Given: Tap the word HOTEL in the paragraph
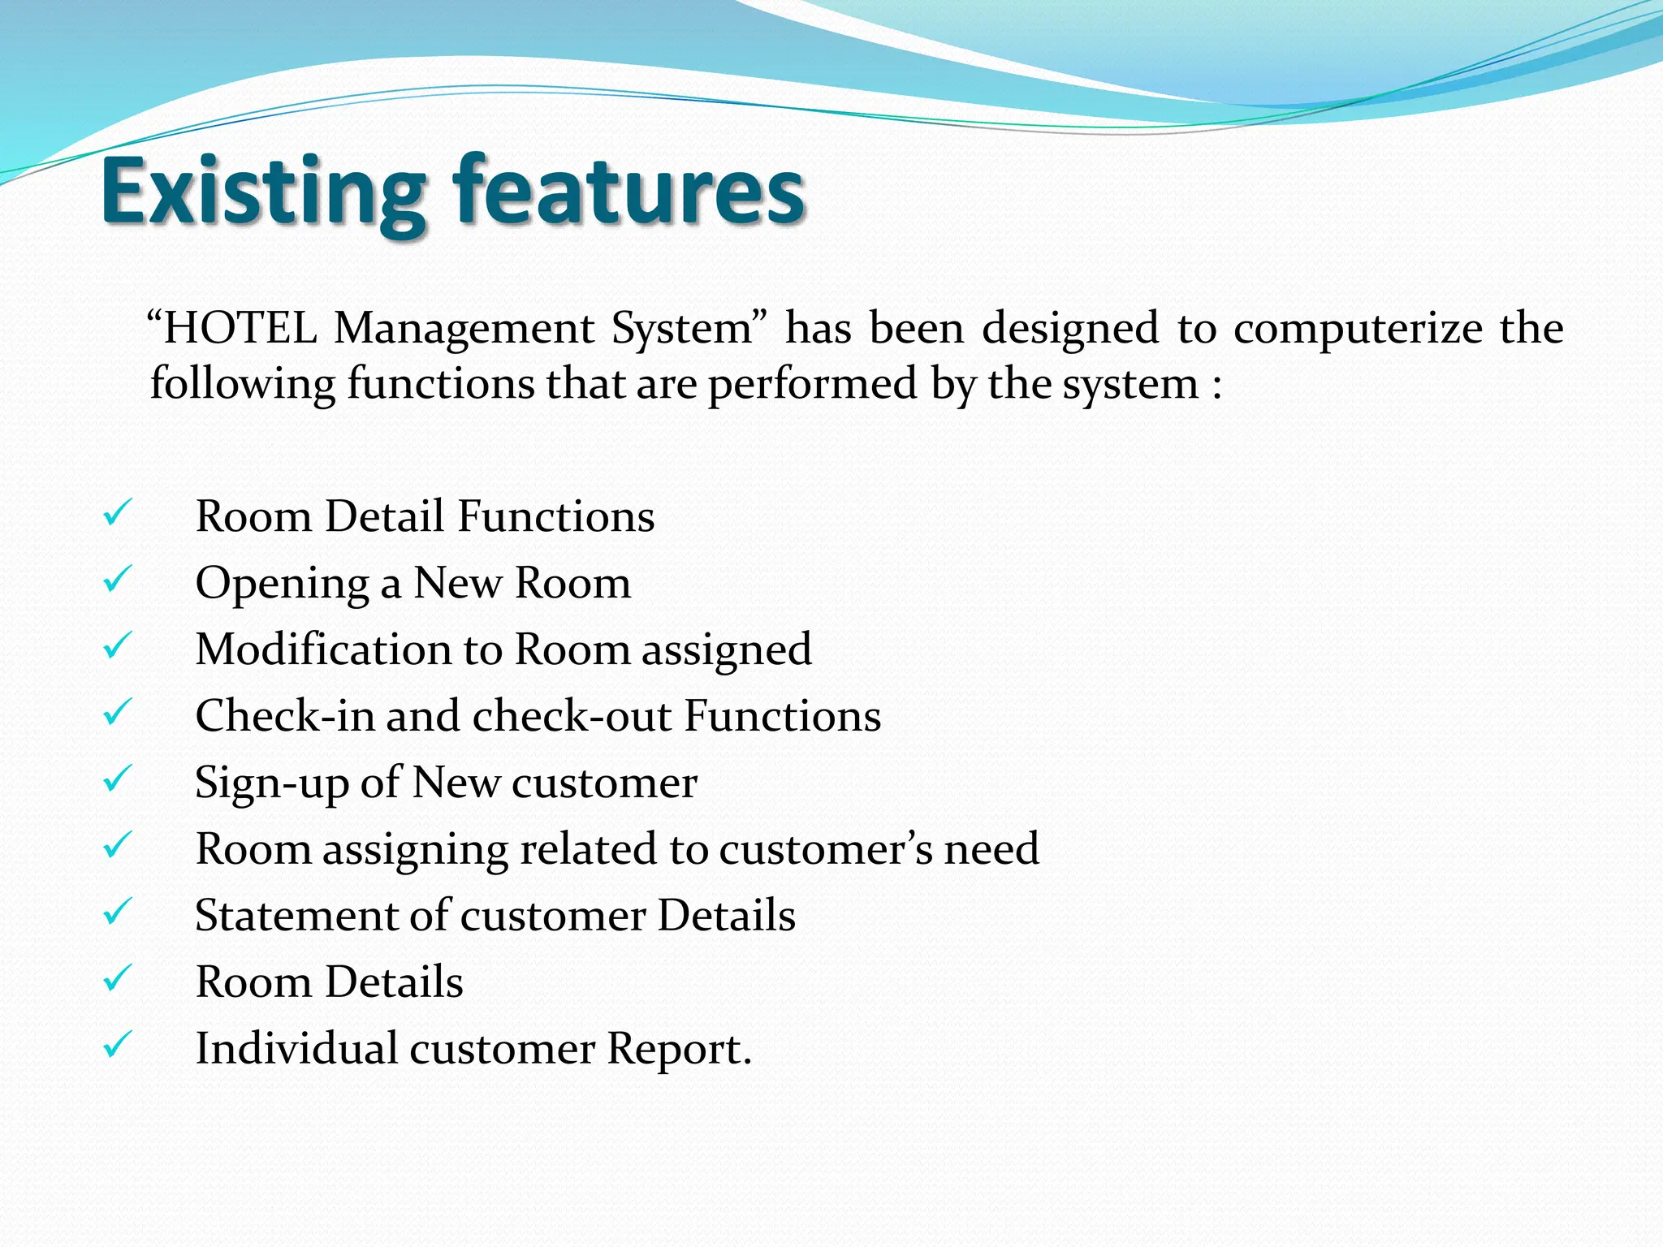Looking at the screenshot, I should [240, 329].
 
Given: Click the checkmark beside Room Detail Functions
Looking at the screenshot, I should [118, 513].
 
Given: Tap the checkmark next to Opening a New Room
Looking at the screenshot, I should [118, 580].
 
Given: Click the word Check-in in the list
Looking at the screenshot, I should [285, 716].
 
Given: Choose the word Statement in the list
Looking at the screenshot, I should [296, 916].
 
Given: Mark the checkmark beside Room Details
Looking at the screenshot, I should [118, 979].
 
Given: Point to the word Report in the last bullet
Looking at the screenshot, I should [673, 1050].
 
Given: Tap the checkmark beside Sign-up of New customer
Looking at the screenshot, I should [118, 779].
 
